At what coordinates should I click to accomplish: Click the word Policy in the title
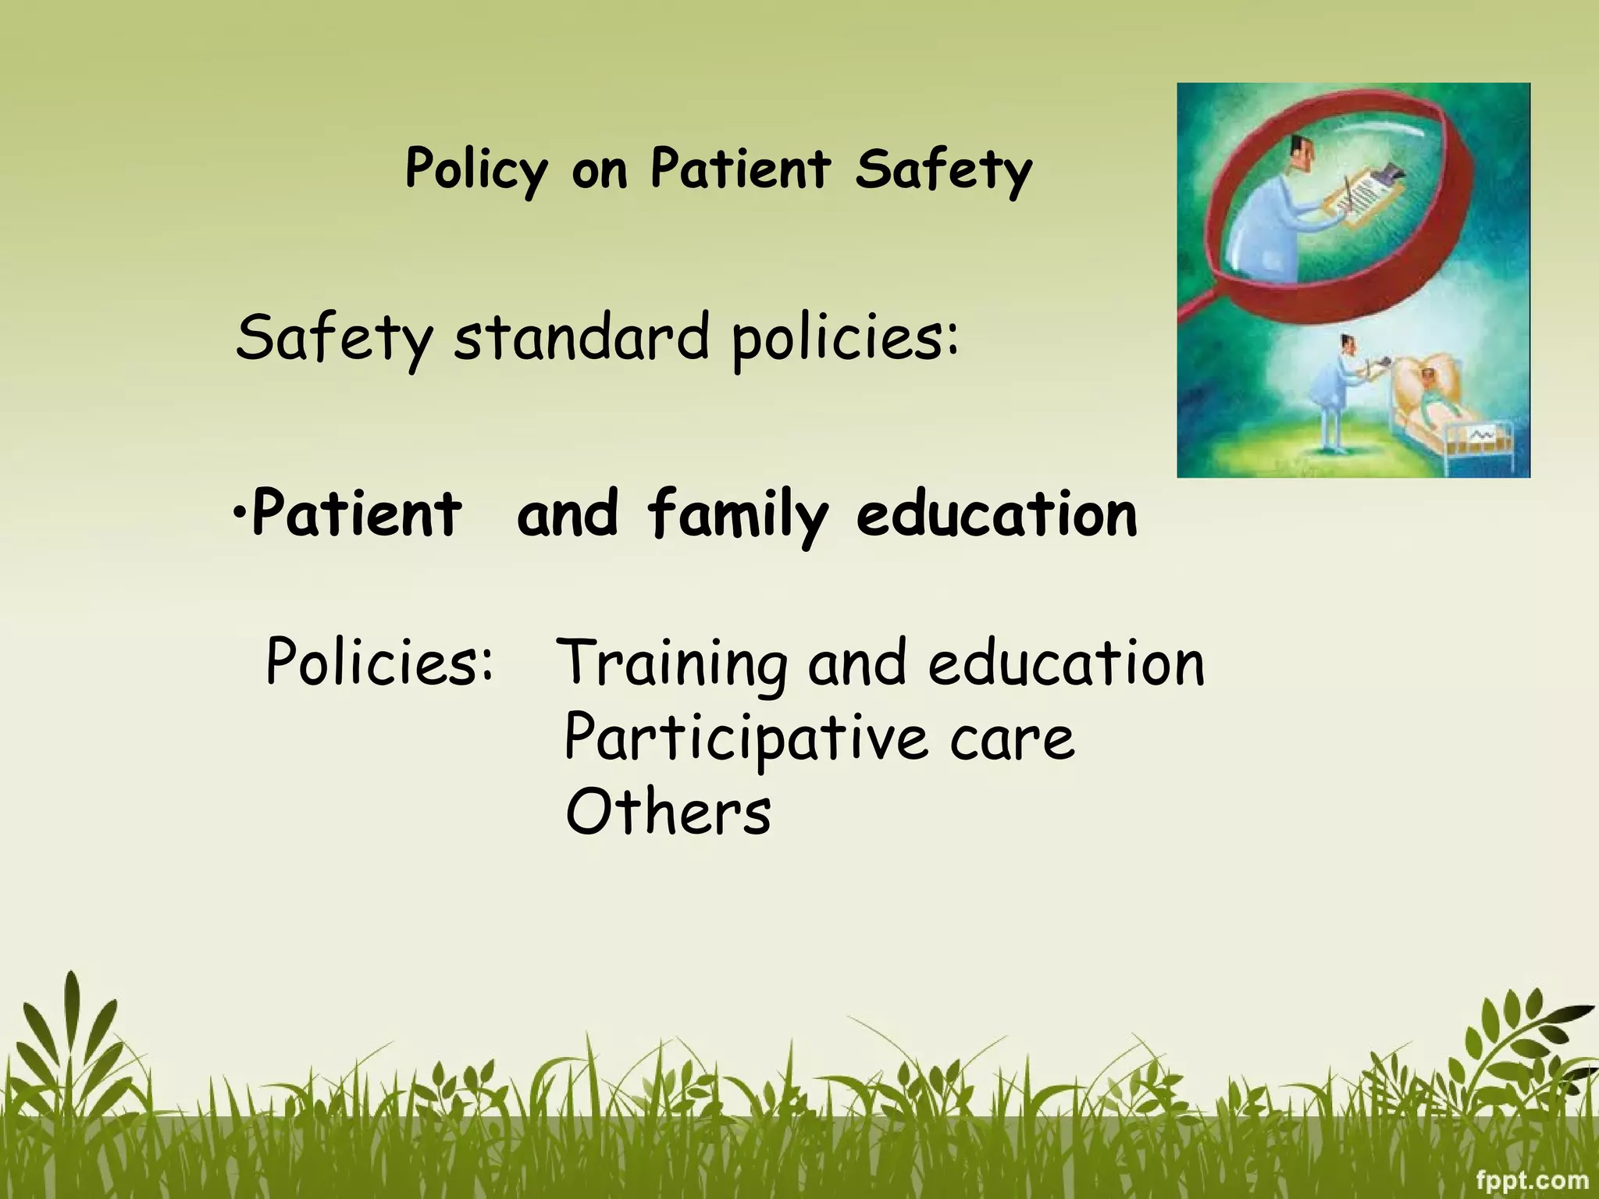(476, 170)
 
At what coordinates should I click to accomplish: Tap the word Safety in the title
(943, 170)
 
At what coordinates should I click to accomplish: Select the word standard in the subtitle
(582, 339)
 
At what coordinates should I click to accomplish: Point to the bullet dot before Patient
(240, 514)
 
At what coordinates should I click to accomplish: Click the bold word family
(737, 515)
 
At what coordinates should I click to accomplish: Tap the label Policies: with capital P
(379, 662)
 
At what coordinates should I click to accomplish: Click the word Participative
(746, 738)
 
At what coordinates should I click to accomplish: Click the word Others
(668, 813)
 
